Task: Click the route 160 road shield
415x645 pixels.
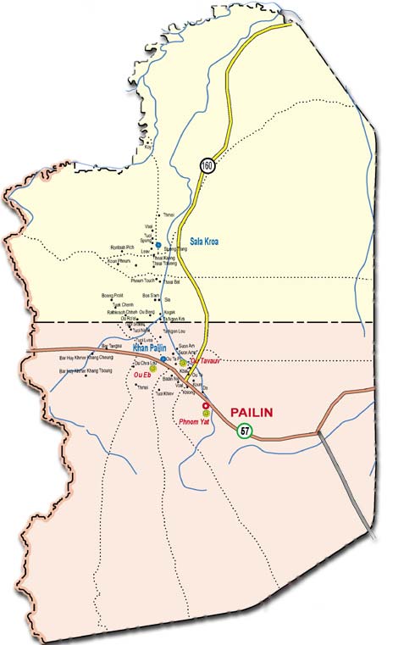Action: [x=207, y=166]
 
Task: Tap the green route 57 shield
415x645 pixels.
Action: [x=245, y=431]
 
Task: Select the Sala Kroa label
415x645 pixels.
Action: [x=207, y=241]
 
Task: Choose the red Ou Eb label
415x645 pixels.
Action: [x=142, y=375]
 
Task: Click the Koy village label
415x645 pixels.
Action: [x=148, y=147]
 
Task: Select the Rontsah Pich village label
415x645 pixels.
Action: [x=124, y=247]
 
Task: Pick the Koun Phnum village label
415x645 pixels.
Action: [x=120, y=261]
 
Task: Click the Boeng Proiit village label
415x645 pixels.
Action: [x=113, y=295]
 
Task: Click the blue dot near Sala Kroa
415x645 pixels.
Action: [x=158, y=244]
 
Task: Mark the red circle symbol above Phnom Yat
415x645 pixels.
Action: [x=205, y=406]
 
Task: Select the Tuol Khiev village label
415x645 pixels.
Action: [x=165, y=393]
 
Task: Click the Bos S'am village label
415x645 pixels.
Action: [x=151, y=295]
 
